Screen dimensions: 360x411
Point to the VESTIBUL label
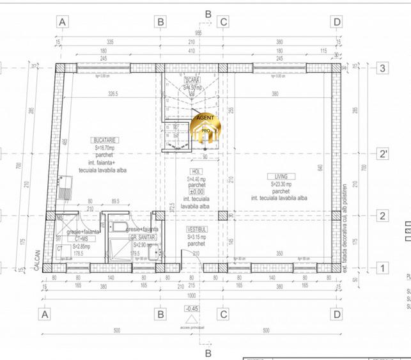coord(196,229)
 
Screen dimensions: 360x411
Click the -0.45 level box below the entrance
coord(192,309)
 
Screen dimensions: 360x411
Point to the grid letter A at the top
coord(63,22)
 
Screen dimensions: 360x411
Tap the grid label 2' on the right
coord(383,154)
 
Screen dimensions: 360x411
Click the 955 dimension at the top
coord(199,32)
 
